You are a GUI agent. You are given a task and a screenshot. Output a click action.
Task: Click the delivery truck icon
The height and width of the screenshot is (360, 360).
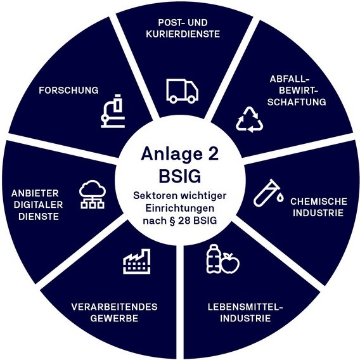183,91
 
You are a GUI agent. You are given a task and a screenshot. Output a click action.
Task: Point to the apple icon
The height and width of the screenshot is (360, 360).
230,263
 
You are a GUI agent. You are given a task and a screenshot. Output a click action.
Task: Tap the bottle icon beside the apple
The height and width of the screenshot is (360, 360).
214,259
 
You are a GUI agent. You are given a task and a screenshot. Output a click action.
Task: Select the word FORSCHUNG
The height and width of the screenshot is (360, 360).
68,90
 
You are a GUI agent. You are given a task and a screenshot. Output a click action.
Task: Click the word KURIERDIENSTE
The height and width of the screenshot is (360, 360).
183,34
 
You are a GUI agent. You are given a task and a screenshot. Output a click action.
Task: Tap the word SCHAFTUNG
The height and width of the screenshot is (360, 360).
297,102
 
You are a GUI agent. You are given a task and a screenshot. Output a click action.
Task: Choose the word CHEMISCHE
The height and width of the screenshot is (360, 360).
319,202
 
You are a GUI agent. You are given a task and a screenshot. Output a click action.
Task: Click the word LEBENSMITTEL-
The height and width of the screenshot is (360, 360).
245,307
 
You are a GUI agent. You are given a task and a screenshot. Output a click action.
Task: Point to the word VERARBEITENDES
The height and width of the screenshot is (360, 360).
114,307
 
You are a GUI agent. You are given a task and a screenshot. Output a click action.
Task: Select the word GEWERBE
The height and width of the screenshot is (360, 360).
114,318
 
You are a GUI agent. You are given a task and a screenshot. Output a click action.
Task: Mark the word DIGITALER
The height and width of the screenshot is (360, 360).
38,205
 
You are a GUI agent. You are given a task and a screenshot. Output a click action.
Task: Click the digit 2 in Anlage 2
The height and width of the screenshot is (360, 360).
214,153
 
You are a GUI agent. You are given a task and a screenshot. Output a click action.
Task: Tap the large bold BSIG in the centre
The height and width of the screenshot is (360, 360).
180,176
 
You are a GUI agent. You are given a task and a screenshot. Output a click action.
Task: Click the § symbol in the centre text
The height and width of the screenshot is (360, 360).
172,221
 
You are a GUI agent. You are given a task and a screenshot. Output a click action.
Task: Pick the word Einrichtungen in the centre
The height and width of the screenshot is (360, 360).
180,209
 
